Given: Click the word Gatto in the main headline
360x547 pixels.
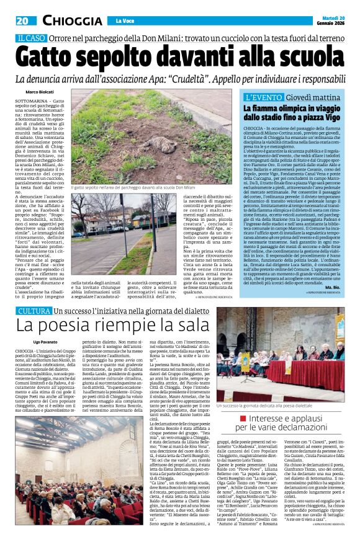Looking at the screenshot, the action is pos(59,57).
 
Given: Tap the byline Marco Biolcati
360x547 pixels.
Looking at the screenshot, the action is pos(40,92).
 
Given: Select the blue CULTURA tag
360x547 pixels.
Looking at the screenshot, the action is pos(34,309).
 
